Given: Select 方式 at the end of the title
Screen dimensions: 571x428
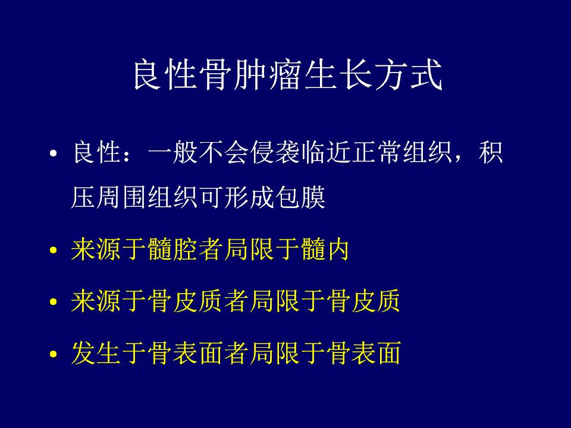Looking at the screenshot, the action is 408,75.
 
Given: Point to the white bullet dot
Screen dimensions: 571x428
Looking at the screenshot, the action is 53,153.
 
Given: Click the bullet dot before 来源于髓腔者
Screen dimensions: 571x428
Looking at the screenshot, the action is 53,250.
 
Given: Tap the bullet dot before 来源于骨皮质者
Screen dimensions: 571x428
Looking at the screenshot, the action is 53,302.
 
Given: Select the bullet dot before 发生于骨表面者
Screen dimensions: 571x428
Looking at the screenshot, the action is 53,353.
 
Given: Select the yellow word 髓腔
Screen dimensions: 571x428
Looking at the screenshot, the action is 173,250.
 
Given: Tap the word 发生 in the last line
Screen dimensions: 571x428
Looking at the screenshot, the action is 96,353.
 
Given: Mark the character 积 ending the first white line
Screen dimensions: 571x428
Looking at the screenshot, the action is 491,152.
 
